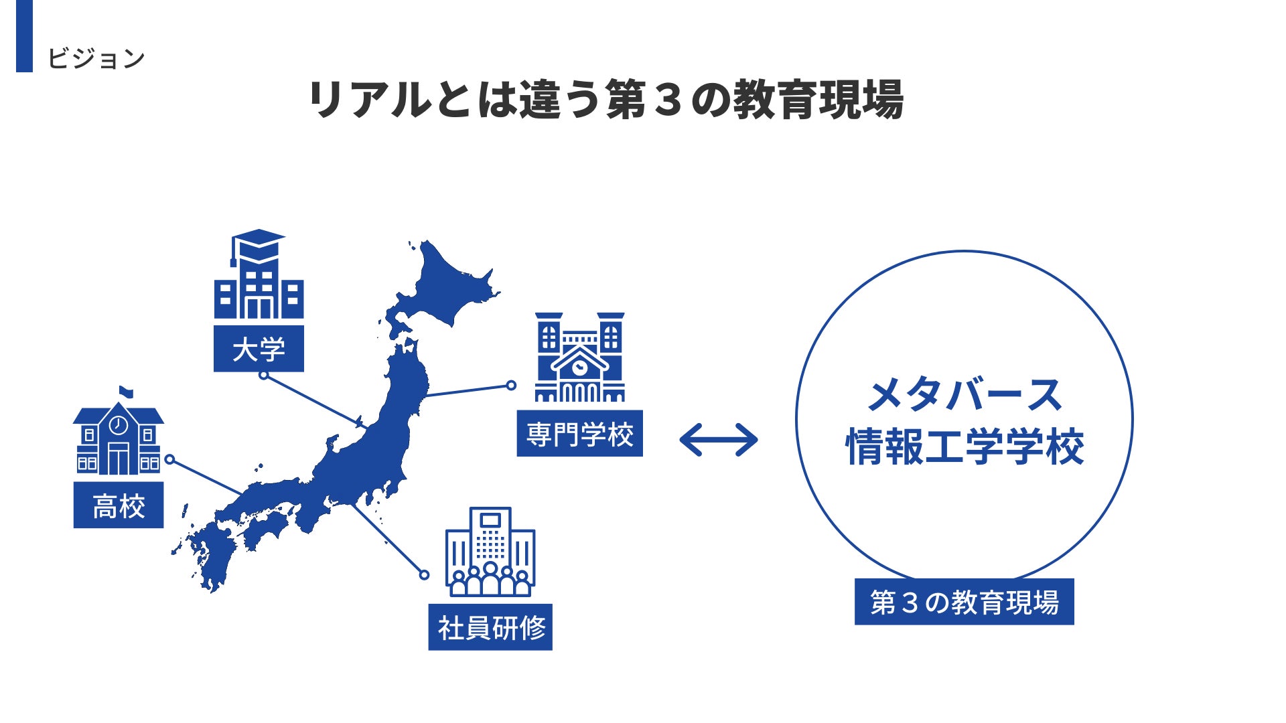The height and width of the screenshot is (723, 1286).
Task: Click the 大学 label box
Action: (x=259, y=349)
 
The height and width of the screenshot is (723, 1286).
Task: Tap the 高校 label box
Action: (x=119, y=505)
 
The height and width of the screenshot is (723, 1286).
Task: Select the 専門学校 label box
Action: (x=579, y=434)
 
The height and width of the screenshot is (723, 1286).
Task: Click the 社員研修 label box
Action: (x=490, y=627)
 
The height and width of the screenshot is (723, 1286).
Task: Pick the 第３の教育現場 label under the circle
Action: (x=964, y=602)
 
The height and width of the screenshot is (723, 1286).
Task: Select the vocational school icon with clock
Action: (x=579, y=358)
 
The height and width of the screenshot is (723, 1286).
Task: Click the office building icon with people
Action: (x=490, y=552)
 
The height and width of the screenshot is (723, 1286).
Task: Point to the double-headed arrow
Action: (x=719, y=440)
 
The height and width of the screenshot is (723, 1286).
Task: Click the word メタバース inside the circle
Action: (x=964, y=395)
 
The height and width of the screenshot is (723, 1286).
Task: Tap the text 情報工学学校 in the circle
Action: (x=964, y=447)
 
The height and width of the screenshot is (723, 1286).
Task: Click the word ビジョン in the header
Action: (x=96, y=58)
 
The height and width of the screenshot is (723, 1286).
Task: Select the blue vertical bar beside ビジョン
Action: (x=24, y=35)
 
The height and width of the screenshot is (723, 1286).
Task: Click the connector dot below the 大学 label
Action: (x=264, y=376)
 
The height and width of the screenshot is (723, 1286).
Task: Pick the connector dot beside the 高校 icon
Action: (x=170, y=460)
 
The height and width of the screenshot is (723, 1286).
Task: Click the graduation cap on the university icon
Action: (x=258, y=242)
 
